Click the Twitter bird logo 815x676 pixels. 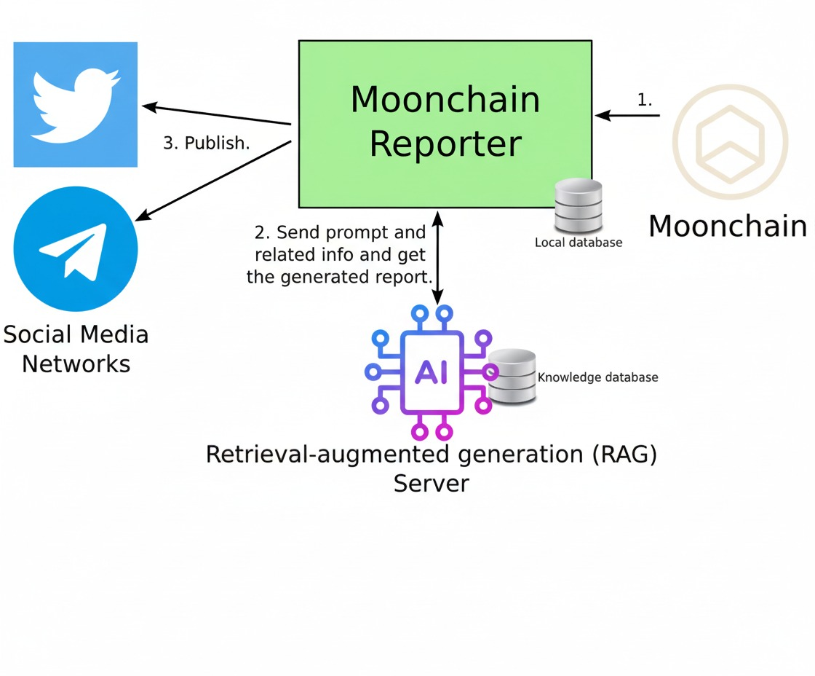click(x=75, y=104)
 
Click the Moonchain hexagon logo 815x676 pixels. click(x=729, y=142)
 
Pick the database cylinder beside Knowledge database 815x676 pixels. click(x=512, y=377)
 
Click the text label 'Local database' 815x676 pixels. click(x=579, y=243)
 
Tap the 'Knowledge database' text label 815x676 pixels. click(x=597, y=377)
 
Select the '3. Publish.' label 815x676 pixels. click(x=206, y=144)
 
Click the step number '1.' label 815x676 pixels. click(x=645, y=101)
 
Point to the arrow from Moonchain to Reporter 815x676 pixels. click(x=627, y=115)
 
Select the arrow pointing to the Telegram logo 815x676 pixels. click(x=215, y=180)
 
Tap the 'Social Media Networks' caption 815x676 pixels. click(x=76, y=349)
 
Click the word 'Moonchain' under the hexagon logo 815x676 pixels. click(x=728, y=227)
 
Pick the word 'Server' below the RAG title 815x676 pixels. click(x=431, y=483)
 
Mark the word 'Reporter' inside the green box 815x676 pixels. click(x=445, y=144)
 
